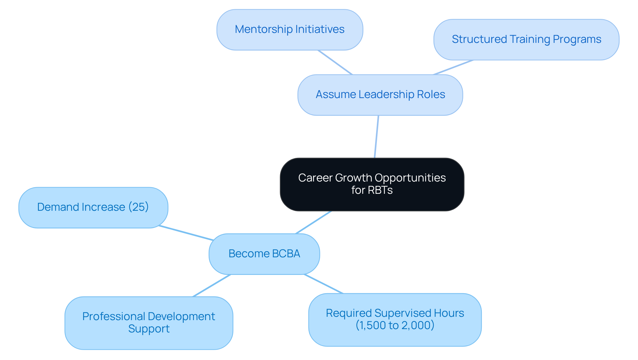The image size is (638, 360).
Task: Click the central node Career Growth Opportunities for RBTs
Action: [x=372, y=184]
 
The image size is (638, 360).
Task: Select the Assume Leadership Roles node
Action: [x=380, y=95]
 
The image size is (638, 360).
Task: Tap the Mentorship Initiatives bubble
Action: [x=289, y=30]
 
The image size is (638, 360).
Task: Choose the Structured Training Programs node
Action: [x=526, y=40]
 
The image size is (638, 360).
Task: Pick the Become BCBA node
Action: [x=264, y=254]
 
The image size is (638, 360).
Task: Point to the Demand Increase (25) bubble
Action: [x=93, y=207]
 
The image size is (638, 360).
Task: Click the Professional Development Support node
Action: [x=149, y=323]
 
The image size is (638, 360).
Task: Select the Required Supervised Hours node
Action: [x=395, y=319]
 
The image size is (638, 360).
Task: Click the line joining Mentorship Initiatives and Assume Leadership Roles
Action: [x=335, y=62]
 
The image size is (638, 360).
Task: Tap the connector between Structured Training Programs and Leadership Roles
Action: [x=453, y=67]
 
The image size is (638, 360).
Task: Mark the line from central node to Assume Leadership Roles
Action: [x=376, y=137]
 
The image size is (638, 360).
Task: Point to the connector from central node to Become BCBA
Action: [x=313, y=222]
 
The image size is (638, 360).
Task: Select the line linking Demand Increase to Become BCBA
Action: [x=186, y=233]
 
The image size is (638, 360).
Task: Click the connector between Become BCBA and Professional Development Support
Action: [x=211, y=286]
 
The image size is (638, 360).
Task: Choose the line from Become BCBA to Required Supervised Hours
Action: [x=323, y=284]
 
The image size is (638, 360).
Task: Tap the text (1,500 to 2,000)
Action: [x=395, y=325]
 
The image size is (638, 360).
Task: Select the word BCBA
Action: [x=286, y=254]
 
